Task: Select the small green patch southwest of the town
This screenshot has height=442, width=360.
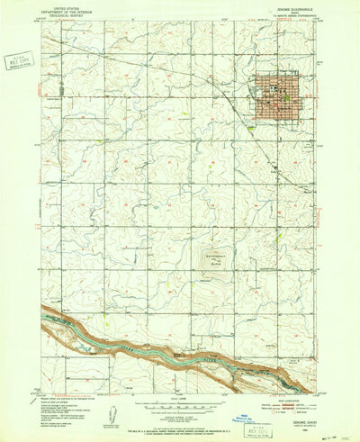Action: [248, 128]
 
